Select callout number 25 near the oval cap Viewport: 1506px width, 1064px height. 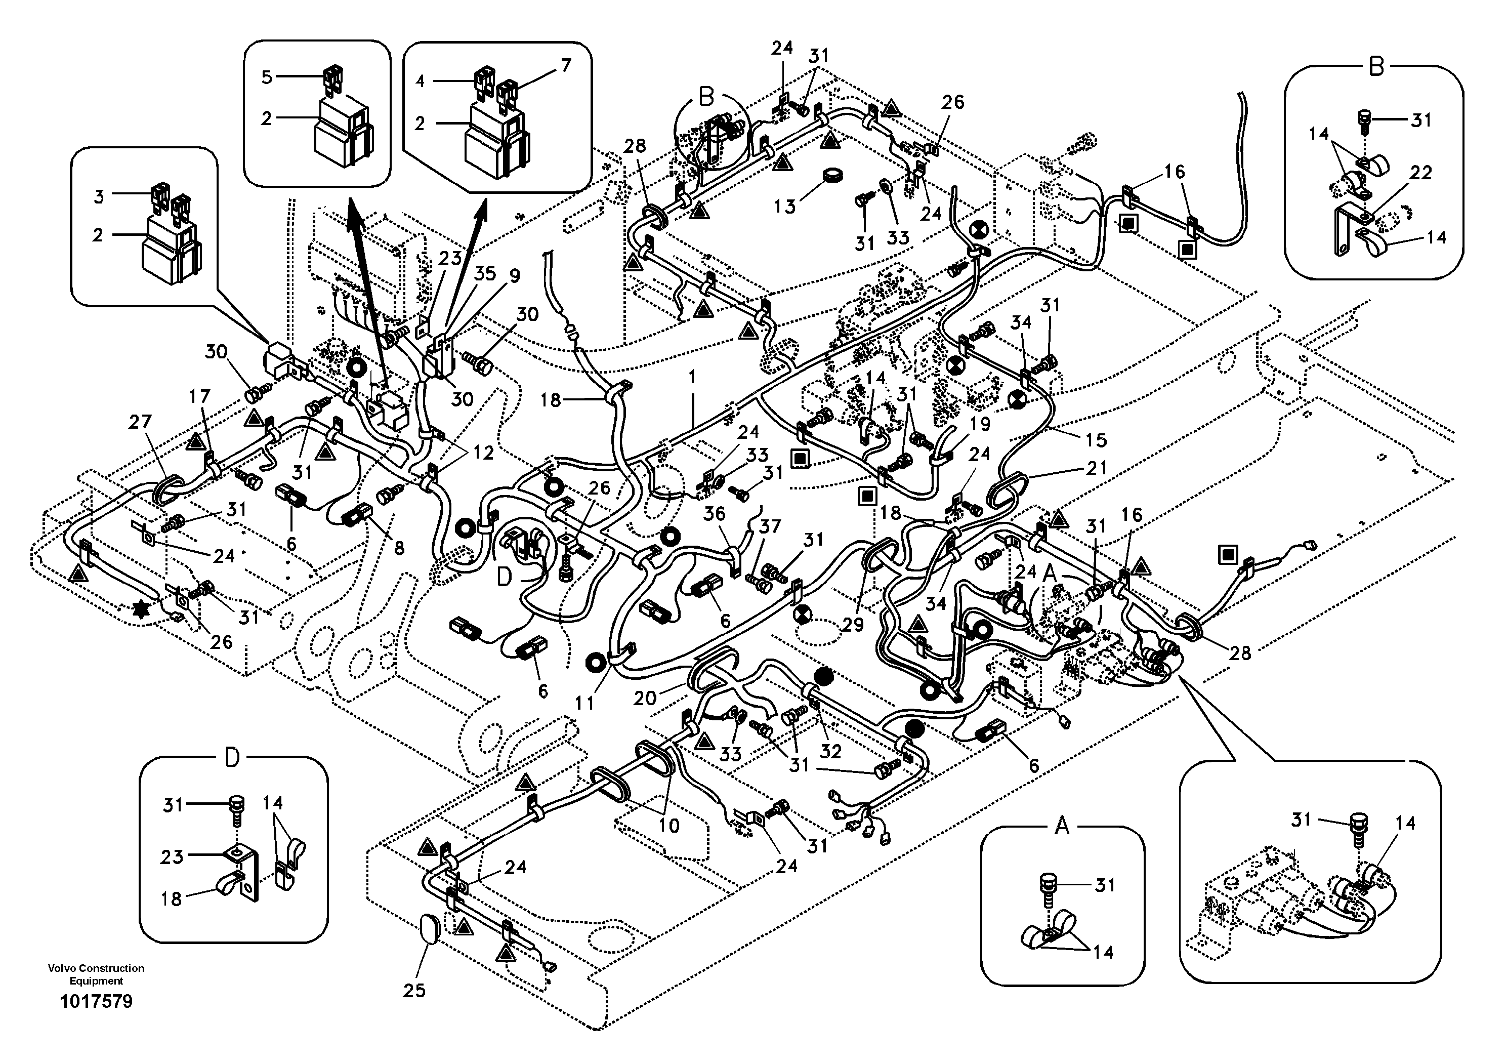(x=414, y=990)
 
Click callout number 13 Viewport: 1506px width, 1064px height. (x=784, y=206)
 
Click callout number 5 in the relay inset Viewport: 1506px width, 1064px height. (x=266, y=77)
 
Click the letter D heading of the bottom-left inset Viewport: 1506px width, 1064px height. (x=232, y=758)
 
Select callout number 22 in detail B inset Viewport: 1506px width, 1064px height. (x=1420, y=173)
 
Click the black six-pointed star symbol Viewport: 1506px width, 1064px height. (x=140, y=610)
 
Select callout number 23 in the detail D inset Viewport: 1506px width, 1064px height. (x=172, y=856)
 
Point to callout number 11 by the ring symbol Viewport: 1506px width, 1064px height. (x=584, y=703)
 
